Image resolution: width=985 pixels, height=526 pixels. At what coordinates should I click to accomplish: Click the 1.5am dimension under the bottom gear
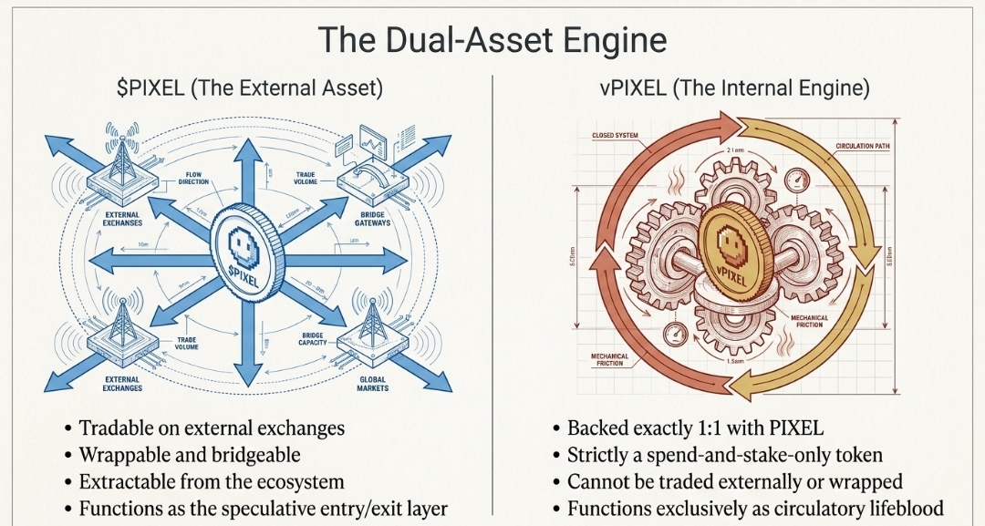(x=739, y=361)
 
